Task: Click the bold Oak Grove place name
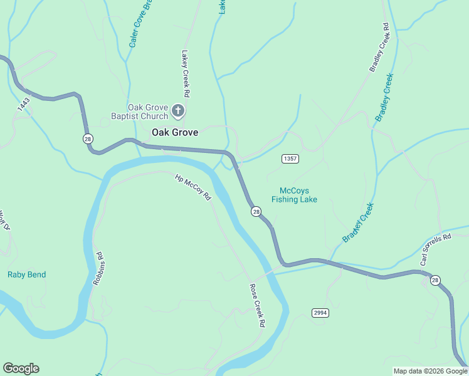coord(175,132)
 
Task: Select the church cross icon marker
coord(178,112)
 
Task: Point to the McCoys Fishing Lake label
coord(294,195)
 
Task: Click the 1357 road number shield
coord(290,159)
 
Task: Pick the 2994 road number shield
coord(320,312)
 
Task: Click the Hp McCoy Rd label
coord(193,187)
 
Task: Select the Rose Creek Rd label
coord(258,306)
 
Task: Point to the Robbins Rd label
coord(98,269)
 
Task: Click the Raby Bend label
coord(26,274)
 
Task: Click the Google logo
coord(21,368)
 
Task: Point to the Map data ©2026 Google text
coord(429,371)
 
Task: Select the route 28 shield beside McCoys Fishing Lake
coord(256,212)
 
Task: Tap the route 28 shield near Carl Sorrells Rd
coord(435,280)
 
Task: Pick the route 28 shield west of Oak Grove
coord(88,138)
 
